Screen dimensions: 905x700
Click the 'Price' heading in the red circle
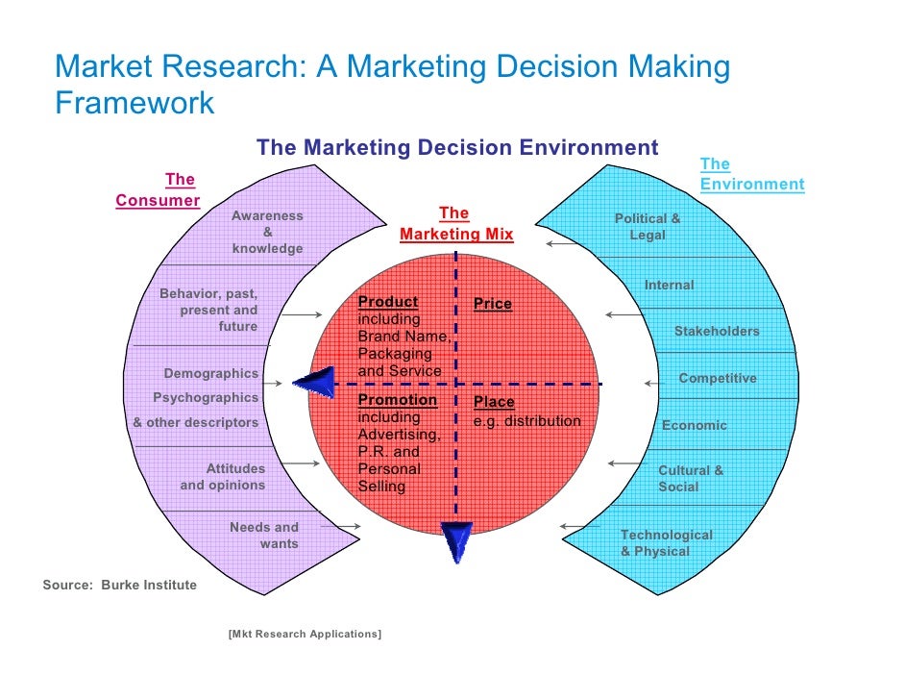(493, 304)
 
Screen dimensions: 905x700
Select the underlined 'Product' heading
(387, 302)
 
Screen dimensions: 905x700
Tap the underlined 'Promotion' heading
(397, 400)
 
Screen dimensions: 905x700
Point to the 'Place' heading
(494, 402)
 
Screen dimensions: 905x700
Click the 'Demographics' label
(210, 373)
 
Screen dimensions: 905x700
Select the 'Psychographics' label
(206, 397)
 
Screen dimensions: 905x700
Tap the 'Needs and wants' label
(264, 536)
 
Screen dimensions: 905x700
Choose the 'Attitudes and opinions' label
(223, 477)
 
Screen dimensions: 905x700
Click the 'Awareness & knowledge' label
(267, 232)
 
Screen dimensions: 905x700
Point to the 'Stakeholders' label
(717, 332)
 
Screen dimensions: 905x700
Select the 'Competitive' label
(718, 379)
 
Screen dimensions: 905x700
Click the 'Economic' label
(695, 425)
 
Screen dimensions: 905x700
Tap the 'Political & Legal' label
(648, 227)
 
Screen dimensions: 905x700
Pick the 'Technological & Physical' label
(666, 543)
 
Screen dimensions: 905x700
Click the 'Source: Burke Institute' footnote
(120, 585)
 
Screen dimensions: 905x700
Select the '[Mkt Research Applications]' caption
(305, 634)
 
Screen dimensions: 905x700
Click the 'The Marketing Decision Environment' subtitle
(457, 147)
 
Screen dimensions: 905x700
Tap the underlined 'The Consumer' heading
(159, 189)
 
